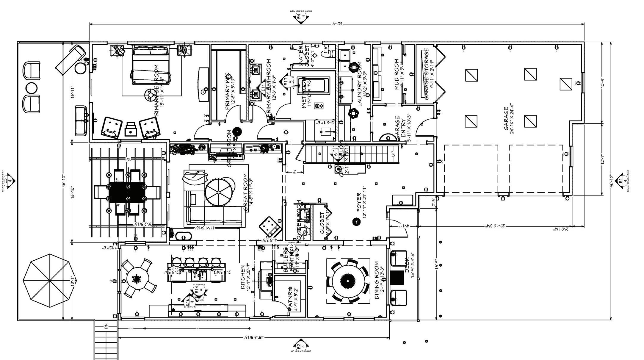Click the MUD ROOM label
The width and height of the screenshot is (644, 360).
click(x=397, y=74)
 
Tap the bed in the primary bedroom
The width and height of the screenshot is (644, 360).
click(x=151, y=64)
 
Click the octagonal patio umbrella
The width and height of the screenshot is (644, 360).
click(x=48, y=280)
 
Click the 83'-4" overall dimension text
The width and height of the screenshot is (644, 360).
click(x=337, y=24)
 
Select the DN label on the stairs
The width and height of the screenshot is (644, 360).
click(x=106, y=327)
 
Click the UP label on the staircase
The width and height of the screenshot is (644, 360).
click(x=393, y=154)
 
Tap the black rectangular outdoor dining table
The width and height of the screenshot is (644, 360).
click(x=127, y=192)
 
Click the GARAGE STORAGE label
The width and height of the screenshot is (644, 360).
click(x=427, y=74)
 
